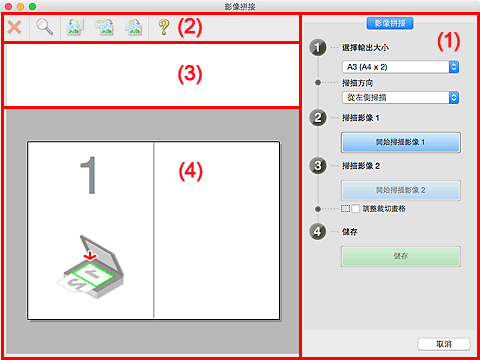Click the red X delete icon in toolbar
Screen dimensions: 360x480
(x=17, y=27)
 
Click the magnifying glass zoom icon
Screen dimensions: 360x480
(x=45, y=27)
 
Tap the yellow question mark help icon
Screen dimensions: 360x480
(x=163, y=27)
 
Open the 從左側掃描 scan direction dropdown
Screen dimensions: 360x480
(x=399, y=98)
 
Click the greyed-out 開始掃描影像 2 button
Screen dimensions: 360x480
(x=399, y=188)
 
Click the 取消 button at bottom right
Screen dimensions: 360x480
(x=441, y=343)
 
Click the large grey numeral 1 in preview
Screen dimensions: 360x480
(x=90, y=177)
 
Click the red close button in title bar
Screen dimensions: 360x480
(x=9, y=6)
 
